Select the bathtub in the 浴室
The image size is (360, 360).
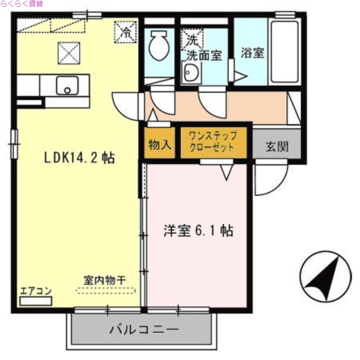(x=284, y=51)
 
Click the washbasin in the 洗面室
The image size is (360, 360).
(x=191, y=73)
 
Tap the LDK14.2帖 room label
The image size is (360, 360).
(x=79, y=158)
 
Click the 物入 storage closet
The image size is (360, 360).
(x=159, y=145)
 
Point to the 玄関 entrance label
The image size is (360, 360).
(x=276, y=146)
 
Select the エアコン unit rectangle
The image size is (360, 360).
(x=36, y=301)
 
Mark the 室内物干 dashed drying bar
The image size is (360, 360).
(x=106, y=291)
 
